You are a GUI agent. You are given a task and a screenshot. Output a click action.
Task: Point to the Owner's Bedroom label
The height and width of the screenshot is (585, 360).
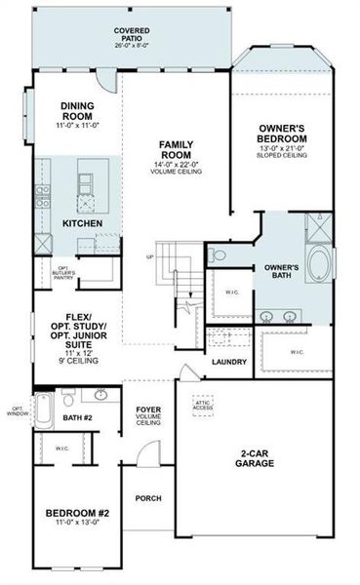(x=283, y=134)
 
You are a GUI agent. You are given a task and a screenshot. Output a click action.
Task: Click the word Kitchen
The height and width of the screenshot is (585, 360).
(x=82, y=223)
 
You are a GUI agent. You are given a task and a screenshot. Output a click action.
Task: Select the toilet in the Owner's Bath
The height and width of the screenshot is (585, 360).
(x=219, y=255)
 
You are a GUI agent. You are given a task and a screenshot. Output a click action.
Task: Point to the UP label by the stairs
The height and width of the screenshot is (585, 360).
(x=148, y=257)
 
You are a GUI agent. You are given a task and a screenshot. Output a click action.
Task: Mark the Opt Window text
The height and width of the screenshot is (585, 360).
(x=17, y=411)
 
